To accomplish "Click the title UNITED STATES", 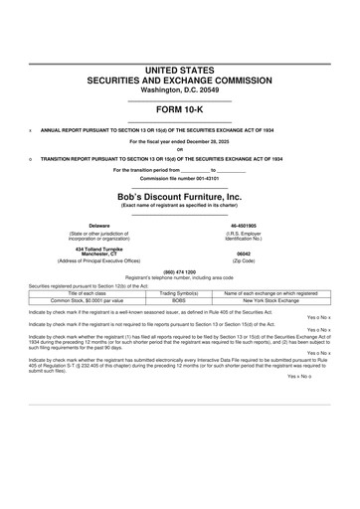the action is pos(180,69).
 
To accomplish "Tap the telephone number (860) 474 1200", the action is pos(180,271).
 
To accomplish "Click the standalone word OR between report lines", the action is pos(180,149).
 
